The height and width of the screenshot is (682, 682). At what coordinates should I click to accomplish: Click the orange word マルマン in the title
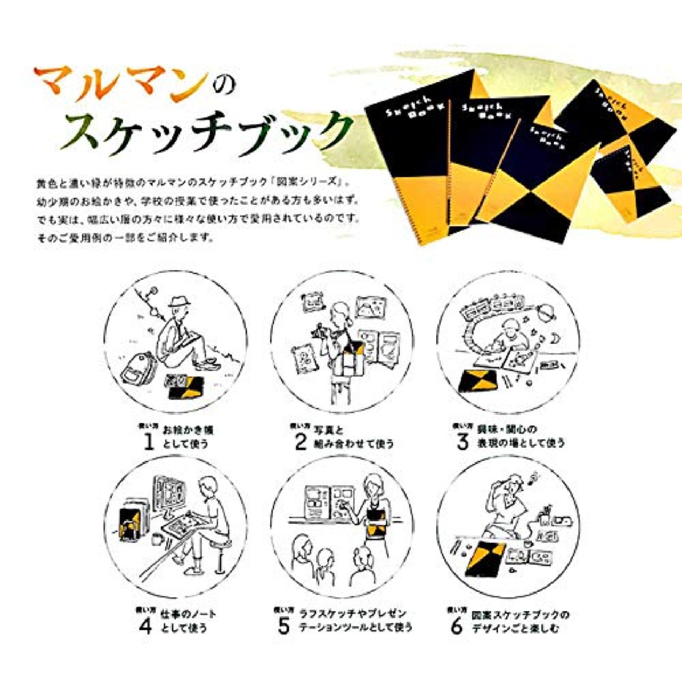120,81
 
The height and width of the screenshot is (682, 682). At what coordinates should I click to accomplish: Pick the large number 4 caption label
145,627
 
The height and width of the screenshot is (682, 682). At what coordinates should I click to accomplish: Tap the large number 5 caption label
283,627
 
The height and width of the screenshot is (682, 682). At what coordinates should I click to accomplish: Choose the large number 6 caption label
457,627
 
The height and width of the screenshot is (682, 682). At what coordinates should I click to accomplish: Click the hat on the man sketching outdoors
179,302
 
